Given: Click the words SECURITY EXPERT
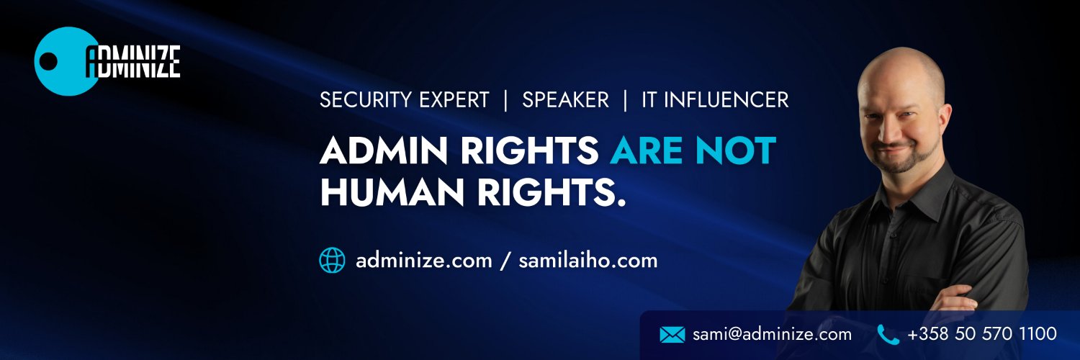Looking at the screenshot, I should (404, 100).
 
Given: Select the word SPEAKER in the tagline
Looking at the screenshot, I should (565, 100).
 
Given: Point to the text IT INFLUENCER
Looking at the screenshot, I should (715, 100).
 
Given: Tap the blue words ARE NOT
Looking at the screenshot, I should (693, 150).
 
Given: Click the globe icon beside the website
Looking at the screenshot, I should (332, 260).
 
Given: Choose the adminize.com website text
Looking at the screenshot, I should (423, 260).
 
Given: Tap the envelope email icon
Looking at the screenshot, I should (672, 334).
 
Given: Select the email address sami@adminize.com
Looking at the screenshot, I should (772, 334).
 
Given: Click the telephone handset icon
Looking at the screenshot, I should (888, 334).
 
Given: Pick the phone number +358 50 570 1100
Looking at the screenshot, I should (982, 334).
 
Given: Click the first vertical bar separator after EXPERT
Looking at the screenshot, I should (506, 100).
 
